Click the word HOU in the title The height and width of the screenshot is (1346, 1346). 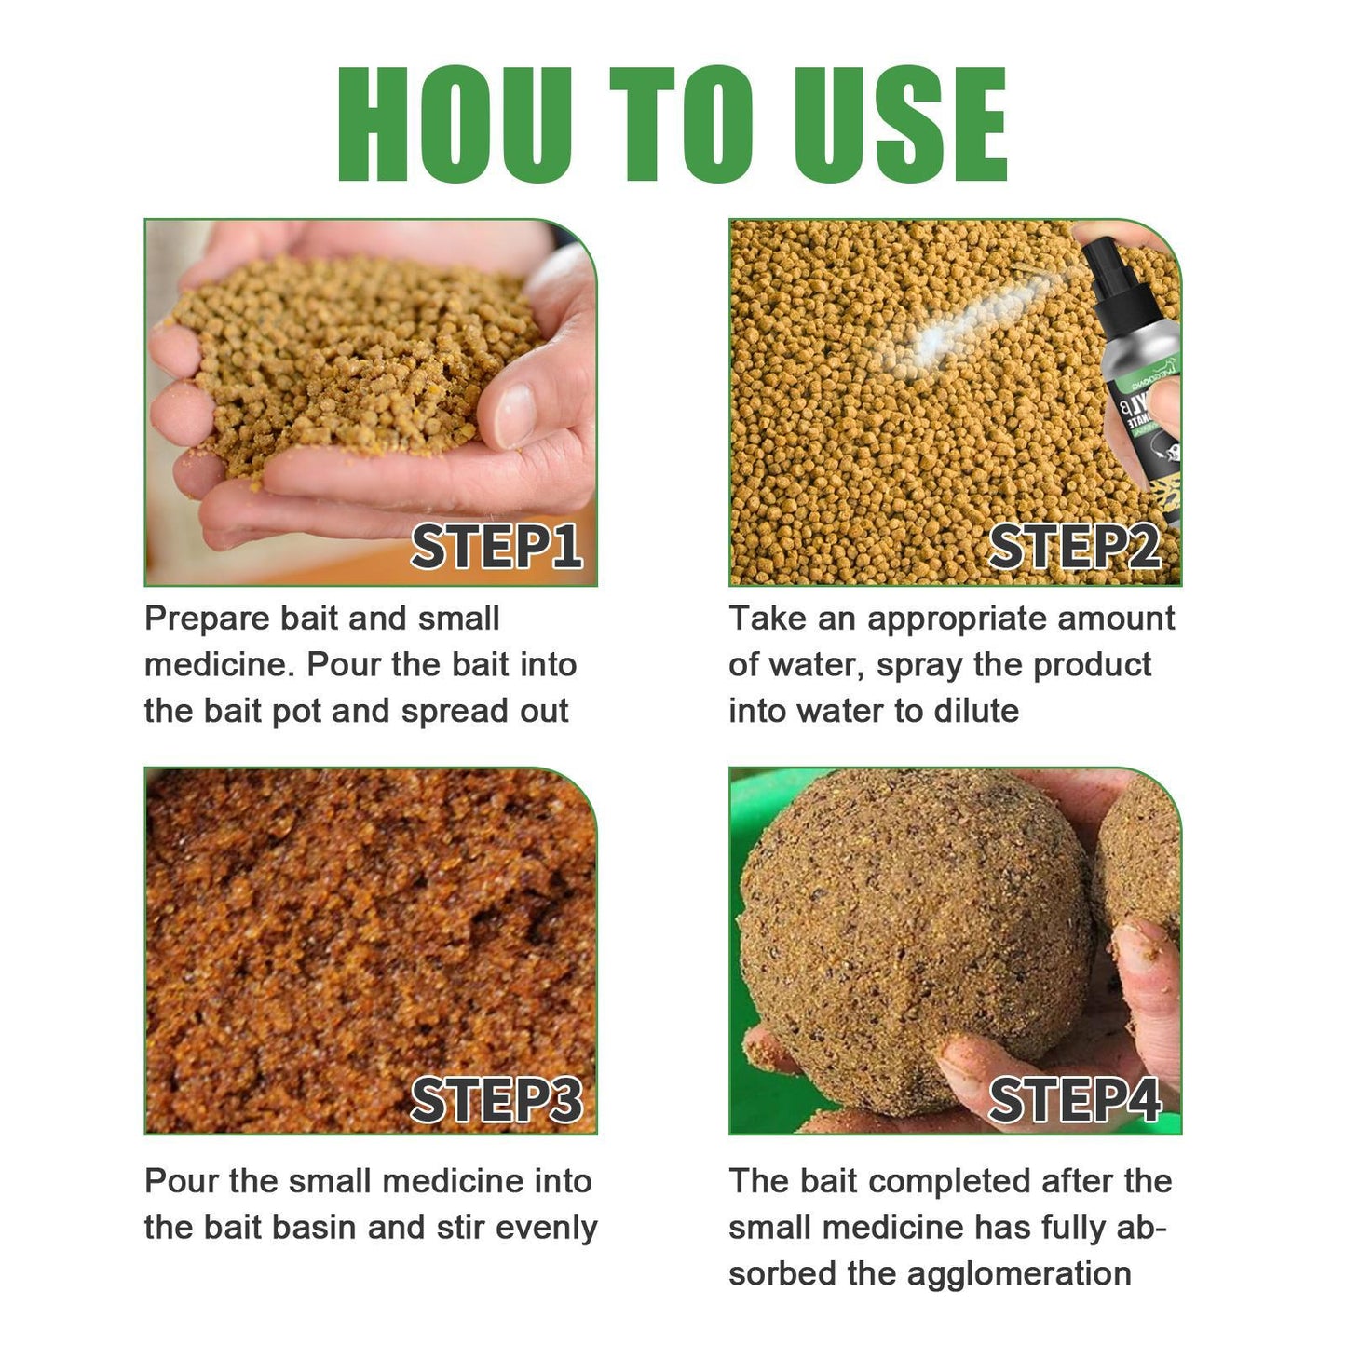(x=455, y=124)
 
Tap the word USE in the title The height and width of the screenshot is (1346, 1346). (x=900, y=124)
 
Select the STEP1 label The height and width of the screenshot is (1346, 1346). (x=496, y=547)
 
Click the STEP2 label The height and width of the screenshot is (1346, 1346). (x=1074, y=547)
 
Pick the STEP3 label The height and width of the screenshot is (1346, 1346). (x=496, y=1101)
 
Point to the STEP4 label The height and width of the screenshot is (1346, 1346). (x=1074, y=1101)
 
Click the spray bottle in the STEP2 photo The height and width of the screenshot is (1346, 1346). (x=1135, y=373)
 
